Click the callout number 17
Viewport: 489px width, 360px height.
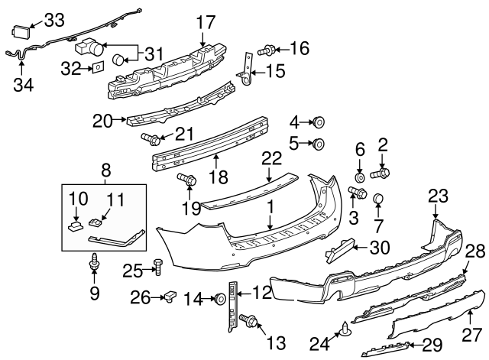206,21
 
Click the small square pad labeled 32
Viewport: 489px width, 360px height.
98,69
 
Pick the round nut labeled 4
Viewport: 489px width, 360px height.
319,122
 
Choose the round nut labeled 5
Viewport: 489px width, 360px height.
319,143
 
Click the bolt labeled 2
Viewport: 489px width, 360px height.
380,174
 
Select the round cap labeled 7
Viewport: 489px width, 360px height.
377,200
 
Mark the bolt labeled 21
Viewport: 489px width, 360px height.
151,138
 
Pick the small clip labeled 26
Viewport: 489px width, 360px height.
170,295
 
